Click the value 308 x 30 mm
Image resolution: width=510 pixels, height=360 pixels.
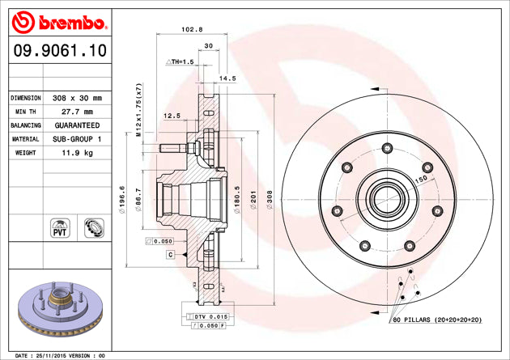(x=76, y=97)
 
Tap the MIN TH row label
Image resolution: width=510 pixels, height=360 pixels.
(x=25, y=112)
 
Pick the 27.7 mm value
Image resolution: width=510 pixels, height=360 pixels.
(x=76, y=112)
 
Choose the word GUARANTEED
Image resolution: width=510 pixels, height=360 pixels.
(x=76, y=126)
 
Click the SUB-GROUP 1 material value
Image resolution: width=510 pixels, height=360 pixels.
(x=76, y=140)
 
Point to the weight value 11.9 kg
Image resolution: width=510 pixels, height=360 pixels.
(x=76, y=153)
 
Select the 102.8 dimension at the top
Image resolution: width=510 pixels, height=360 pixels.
(x=191, y=30)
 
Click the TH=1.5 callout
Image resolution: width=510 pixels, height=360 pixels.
(x=180, y=62)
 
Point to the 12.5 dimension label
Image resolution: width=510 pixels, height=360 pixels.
(x=172, y=116)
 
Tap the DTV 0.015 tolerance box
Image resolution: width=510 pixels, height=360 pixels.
(x=208, y=316)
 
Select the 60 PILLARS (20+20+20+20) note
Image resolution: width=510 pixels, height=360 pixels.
(x=437, y=320)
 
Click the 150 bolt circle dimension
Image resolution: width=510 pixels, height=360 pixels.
(x=422, y=179)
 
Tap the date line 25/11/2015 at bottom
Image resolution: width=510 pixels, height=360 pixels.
(x=61, y=354)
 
